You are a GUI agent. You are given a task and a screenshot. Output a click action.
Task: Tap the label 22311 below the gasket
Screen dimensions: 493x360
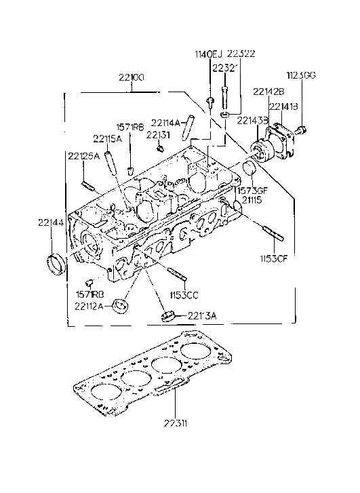[x=175, y=425]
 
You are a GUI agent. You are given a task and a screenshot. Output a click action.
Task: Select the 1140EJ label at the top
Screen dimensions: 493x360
[x=209, y=54]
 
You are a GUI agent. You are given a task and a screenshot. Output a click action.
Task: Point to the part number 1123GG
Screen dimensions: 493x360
[x=300, y=75]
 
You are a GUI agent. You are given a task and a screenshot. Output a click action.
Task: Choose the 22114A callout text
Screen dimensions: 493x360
[x=166, y=123]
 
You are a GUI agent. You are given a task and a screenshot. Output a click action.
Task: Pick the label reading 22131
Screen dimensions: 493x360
[x=158, y=134]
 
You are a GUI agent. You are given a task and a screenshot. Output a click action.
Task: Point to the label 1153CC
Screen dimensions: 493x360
[x=184, y=296]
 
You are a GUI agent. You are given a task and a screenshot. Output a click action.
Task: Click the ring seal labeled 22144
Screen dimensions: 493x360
[x=54, y=263]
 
